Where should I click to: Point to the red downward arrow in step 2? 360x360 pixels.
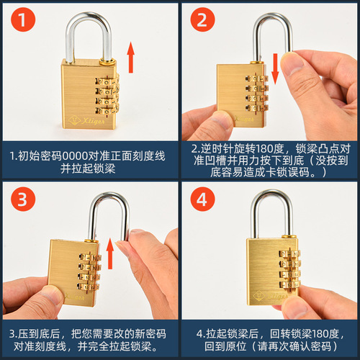(x=276, y=67)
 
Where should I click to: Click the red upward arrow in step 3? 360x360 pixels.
(x=110, y=254)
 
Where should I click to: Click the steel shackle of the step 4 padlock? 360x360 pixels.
(x=271, y=213)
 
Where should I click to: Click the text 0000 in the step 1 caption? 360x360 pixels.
(x=76, y=155)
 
